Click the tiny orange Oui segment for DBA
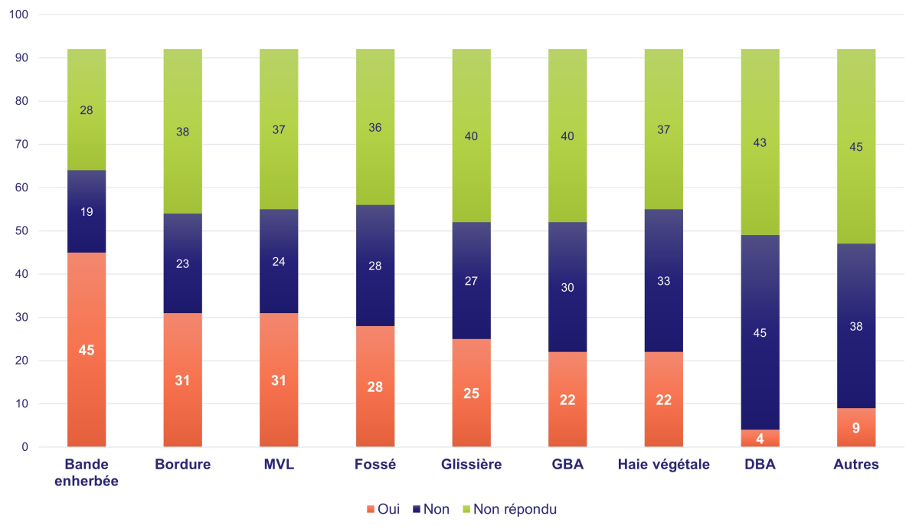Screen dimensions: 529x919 tap(760, 438)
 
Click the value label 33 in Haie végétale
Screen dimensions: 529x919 tap(664, 281)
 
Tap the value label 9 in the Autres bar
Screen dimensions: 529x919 tap(856, 429)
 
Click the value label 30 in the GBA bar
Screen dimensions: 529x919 tap(567, 288)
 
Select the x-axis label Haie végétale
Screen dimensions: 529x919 tap(664, 465)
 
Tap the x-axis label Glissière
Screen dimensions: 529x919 tap(472, 465)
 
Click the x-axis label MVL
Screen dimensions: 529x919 tap(279, 465)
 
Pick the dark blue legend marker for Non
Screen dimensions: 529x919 tap(417, 509)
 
